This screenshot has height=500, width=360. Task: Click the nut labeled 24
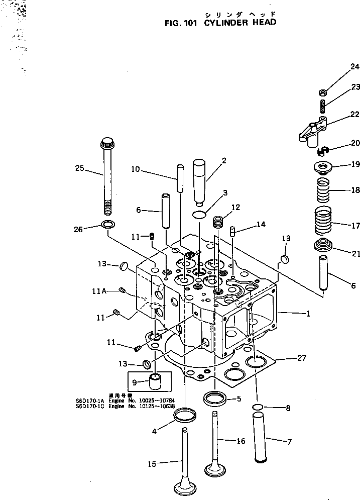coord(324,92)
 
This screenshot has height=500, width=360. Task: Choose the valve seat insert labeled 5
coord(215,399)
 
